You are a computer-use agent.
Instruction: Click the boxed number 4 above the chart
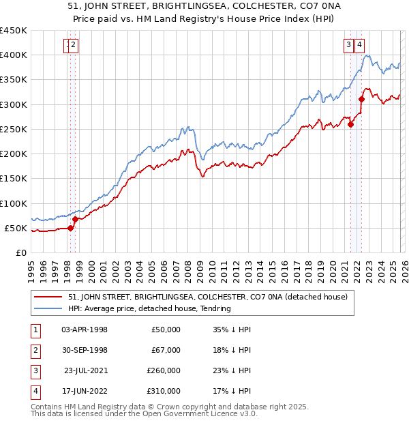(359, 46)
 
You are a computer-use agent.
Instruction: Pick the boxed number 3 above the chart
(348, 46)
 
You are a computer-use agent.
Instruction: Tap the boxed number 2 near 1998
(74, 46)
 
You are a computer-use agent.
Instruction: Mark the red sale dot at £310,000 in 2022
(362, 100)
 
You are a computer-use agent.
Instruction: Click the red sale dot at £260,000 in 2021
(351, 124)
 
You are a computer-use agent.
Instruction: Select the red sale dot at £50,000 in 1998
(71, 228)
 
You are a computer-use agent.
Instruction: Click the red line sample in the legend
(48, 297)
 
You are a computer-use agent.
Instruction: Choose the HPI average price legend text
(149, 308)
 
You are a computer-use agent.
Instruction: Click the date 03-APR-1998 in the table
(85, 330)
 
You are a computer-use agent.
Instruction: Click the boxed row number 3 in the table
(34, 370)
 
